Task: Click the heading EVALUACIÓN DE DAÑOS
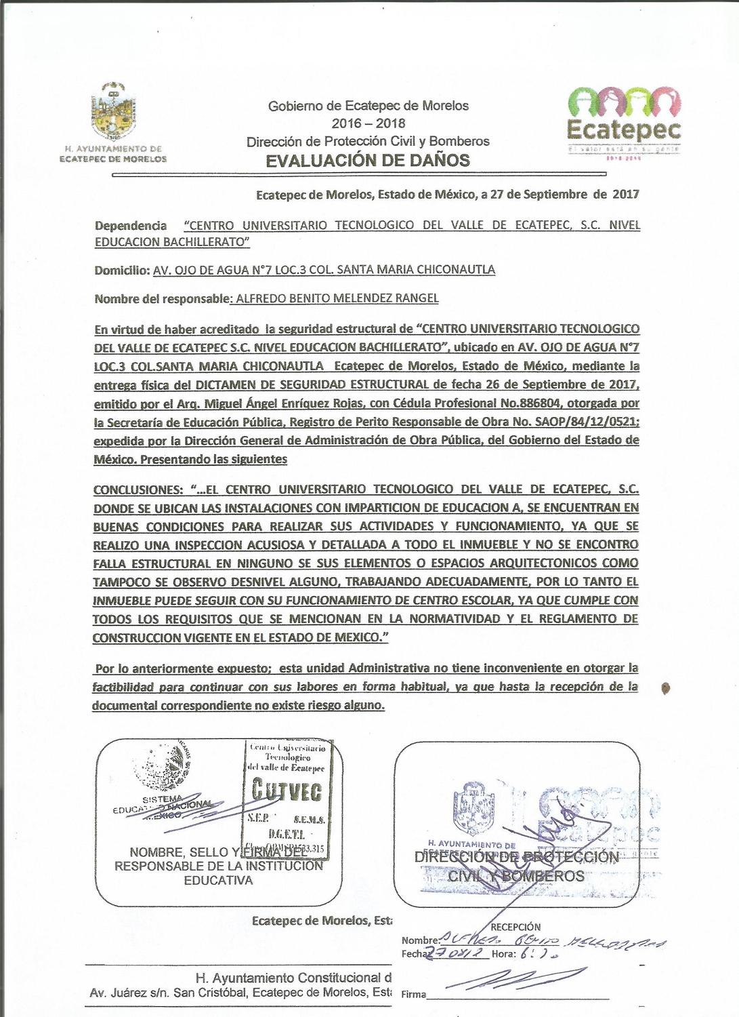pos(368,161)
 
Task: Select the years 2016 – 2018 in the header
pos(368,123)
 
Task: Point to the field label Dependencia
pos(131,225)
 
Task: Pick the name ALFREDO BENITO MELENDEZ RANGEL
pos(337,298)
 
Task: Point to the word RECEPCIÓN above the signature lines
pos(515,927)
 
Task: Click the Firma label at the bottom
pos(414,995)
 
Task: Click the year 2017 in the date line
pos(625,195)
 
